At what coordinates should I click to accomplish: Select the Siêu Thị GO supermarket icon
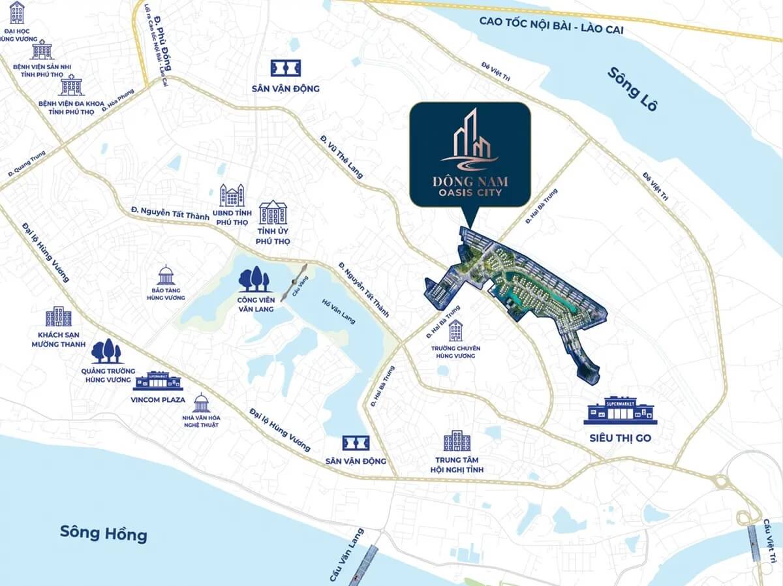click(x=620, y=410)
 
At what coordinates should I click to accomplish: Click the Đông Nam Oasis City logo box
click(x=469, y=154)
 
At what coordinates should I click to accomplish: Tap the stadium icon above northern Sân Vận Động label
click(x=286, y=69)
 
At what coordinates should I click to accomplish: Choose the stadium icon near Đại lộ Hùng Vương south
click(x=356, y=443)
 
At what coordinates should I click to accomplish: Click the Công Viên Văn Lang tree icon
click(x=254, y=280)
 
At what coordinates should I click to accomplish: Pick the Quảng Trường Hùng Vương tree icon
click(x=106, y=352)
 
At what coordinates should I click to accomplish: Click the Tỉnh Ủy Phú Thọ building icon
click(x=273, y=213)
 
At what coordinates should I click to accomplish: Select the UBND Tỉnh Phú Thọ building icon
click(x=232, y=195)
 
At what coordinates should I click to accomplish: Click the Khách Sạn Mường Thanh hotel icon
click(x=59, y=316)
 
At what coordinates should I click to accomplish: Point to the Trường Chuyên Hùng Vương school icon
click(x=455, y=331)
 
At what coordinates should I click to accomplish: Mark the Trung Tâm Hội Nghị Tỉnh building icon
click(x=456, y=442)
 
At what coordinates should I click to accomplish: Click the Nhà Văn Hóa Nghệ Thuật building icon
click(x=201, y=403)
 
